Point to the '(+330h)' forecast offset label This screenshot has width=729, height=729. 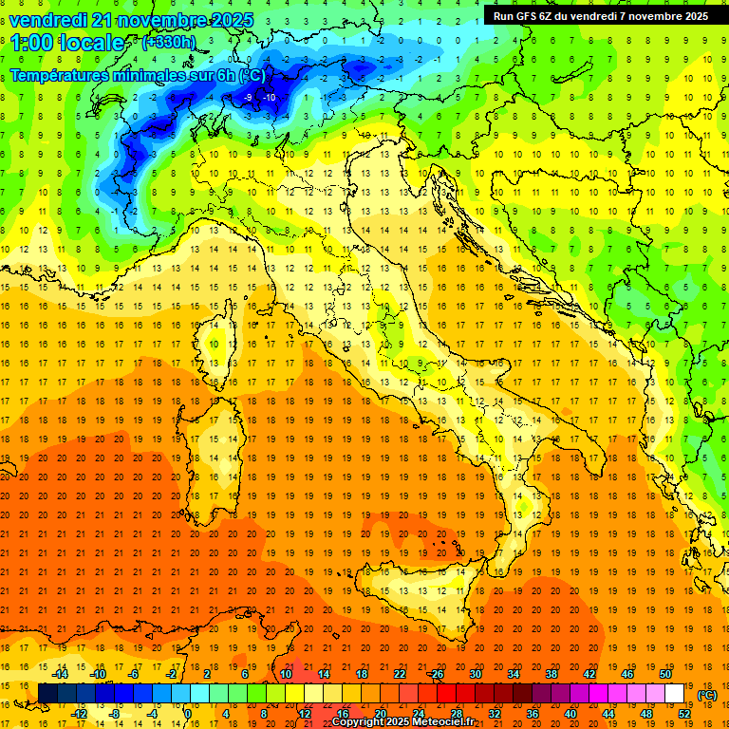(169, 43)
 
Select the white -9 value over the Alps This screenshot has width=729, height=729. (248, 97)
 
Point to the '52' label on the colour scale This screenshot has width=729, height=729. (684, 714)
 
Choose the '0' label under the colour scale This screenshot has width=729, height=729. (187, 714)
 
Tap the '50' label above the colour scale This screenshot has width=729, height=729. (665, 674)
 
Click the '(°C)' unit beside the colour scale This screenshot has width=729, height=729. (707, 694)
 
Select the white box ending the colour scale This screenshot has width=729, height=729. (674, 694)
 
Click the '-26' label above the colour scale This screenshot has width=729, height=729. (436, 674)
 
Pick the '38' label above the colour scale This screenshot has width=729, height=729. (551, 674)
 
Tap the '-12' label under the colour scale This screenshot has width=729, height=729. (80, 714)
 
